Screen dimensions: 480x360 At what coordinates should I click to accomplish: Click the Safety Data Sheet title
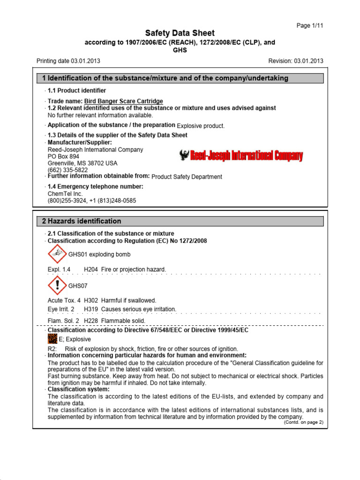click(x=180, y=33)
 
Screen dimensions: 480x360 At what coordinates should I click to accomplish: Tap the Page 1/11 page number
click(x=310, y=25)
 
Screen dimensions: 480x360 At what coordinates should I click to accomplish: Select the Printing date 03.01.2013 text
click(x=68, y=61)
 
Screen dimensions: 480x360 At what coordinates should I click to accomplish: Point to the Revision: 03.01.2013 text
click(x=295, y=61)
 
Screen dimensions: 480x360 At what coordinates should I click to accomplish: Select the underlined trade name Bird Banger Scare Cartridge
click(x=123, y=101)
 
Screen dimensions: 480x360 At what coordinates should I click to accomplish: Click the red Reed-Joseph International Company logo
click(x=241, y=156)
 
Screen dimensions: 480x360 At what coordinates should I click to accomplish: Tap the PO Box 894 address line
click(x=64, y=157)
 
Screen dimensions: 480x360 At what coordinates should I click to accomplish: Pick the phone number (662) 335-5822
click(x=67, y=170)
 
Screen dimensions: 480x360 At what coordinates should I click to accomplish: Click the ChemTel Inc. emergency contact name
click(x=65, y=194)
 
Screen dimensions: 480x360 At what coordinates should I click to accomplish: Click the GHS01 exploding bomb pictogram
click(x=58, y=255)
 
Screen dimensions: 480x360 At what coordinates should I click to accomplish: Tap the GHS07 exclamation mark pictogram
click(x=58, y=285)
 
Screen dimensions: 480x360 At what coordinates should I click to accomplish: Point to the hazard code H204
click(x=91, y=270)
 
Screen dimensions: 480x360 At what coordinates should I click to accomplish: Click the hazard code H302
click(x=91, y=300)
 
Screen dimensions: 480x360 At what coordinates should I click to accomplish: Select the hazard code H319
click(x=91, y=309)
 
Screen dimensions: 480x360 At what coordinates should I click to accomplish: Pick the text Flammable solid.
click(x=123, y=321)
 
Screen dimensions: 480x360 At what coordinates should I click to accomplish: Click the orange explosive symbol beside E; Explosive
click(x=52, y=339)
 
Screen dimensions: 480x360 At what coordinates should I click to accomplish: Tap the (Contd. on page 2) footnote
click(x=303, y=422)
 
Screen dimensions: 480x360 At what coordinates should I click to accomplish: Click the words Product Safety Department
click(x=187, y=177)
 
